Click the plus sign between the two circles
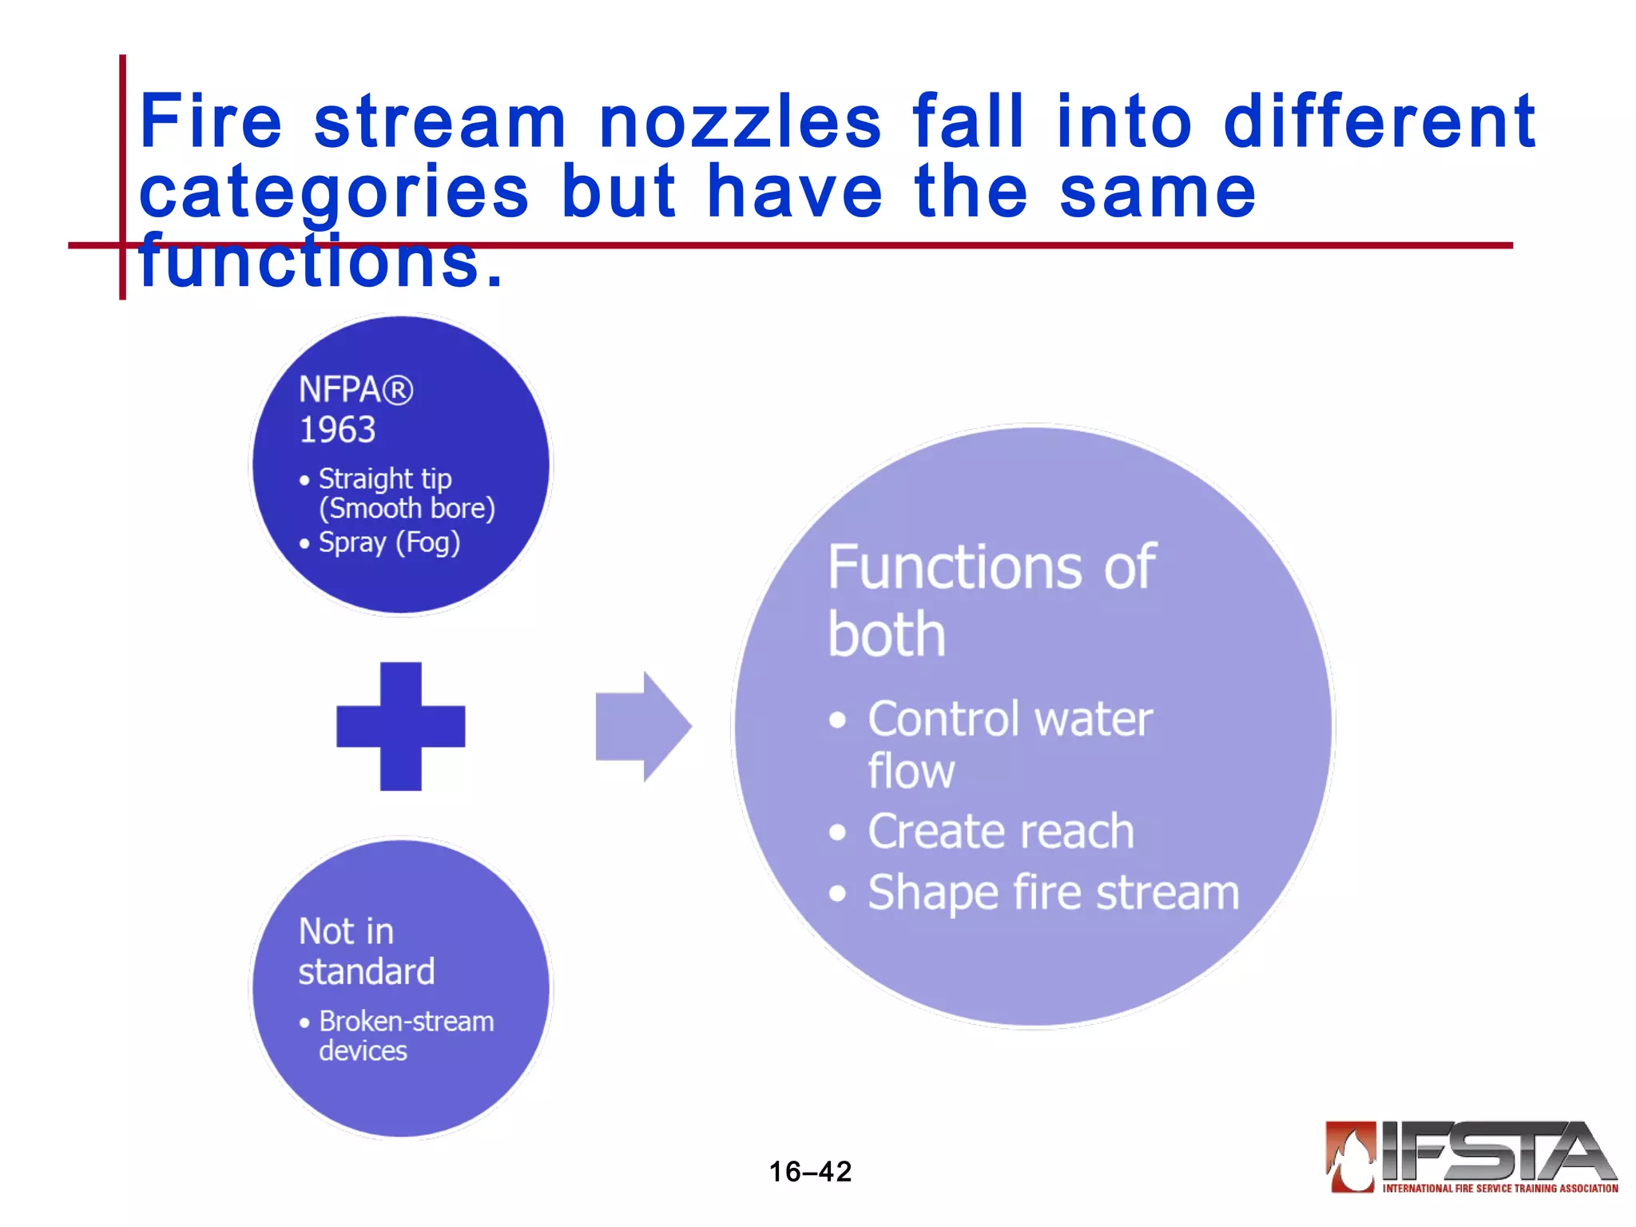point(400,726)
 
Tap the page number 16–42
point(810,1171)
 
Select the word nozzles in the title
point(740,121)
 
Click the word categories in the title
point(334,192)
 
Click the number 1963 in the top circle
point(337,430)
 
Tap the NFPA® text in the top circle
point(355,390)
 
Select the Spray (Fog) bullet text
point(389,542)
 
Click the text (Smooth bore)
point(407,508)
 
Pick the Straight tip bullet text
point(385,478)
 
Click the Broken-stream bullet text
point(406,1021)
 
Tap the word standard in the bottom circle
point(367,971)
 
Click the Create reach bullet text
point(1000,832)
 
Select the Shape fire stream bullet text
point(1053,892)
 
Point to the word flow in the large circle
point(911,771)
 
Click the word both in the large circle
point(887,634)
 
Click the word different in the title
point(1379,121)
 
